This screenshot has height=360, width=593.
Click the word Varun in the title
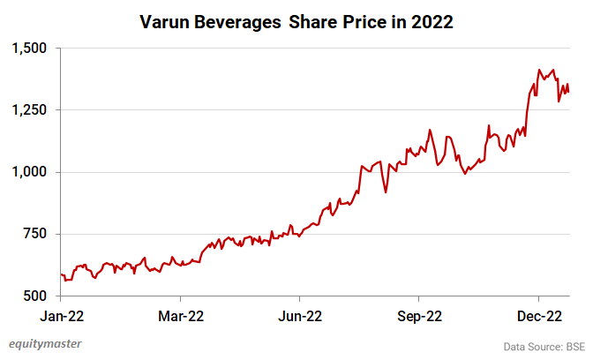coord(169,23)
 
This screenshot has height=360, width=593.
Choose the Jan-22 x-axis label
coord(61,315)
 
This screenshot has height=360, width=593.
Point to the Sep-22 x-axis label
coord(419,315)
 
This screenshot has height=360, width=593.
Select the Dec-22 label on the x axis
coord(539,315)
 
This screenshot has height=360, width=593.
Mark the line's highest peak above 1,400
coord(539,70)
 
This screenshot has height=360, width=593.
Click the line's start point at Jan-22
coord(61,274)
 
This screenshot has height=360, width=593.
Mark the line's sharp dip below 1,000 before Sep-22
coord(386,192)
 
